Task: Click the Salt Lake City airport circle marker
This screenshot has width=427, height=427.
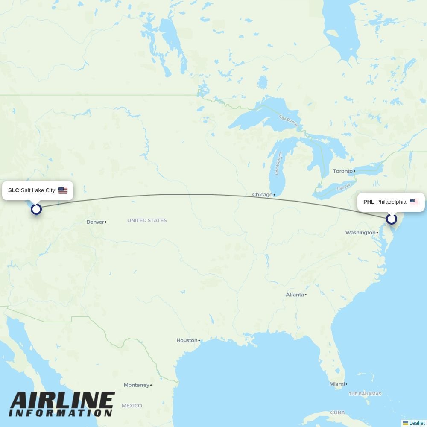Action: coord(36,209)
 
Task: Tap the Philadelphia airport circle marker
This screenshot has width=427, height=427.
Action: coord(391,219)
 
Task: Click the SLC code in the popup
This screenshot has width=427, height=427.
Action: coord(14,190)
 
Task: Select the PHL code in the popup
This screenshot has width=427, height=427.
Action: coord(369,202)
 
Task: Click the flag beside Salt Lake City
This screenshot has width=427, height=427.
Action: coord(63,190)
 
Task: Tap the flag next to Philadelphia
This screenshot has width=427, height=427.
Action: coord(414,202)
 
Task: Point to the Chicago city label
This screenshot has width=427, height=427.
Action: coord(262,195)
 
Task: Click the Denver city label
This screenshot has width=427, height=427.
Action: coord(95,222)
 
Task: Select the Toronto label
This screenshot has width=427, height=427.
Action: coord(343,171)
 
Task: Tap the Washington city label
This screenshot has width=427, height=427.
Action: coord(360,233)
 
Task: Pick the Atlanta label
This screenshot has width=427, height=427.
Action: coord(295,295)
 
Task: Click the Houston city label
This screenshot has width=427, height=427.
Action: coord(187,340)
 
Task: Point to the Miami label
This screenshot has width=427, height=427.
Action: coord(337,384)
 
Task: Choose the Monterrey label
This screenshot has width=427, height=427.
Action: coord(137,385)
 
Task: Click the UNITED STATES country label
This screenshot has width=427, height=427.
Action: coord(147,220)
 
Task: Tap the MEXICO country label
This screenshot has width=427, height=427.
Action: coord(132,406)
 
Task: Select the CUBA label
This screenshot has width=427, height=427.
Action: coord(337,412)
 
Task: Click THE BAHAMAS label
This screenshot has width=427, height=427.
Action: coord(365,394)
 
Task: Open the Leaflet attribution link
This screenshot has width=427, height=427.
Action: coord(417,423)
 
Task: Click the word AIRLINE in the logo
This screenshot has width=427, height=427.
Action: coord(62,402)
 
